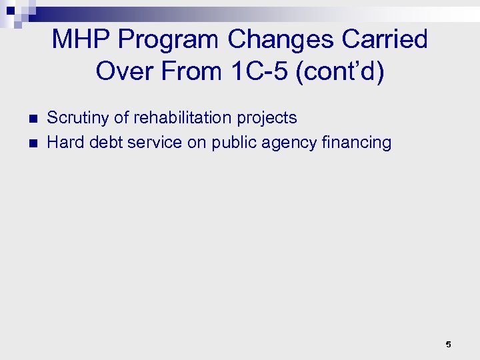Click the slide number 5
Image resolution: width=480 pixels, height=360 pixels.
(x=448, y=344)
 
